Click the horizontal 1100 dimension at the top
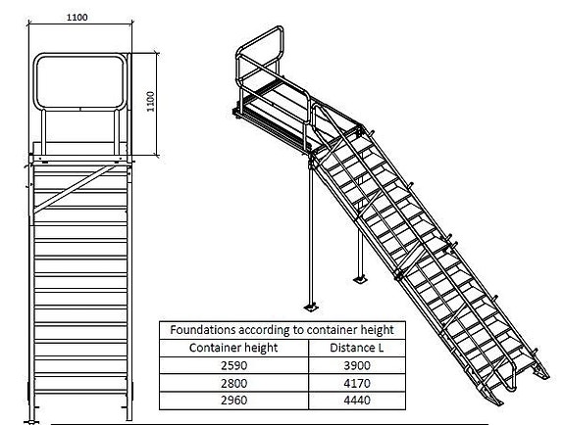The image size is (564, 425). click(77, 18)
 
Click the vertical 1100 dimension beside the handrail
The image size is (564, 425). click(151, 102)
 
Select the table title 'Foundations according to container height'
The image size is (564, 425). click(282, 330)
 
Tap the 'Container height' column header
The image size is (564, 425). click(233, 348)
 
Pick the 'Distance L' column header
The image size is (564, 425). click(356, 348)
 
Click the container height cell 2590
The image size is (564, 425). click(233, 365)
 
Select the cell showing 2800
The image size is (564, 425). click(233, 383)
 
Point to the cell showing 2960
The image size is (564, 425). click(233, 401)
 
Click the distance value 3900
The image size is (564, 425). click(357, 365)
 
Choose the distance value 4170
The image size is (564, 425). click(357, 383)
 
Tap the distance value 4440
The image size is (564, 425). click(357, 401)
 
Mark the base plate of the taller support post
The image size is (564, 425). click(311, 307)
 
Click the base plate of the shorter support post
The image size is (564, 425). click(360, 279)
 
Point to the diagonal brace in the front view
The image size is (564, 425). click(75, 189)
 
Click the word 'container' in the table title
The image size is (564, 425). click(331, 330)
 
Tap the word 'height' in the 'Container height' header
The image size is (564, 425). click(262, 348)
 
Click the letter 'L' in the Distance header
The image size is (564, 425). click(381, 348)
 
